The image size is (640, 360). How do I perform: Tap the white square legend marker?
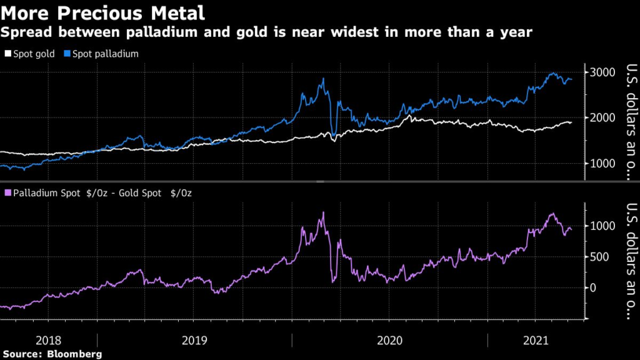(x=7, y=54)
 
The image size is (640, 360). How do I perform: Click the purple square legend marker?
(x=7, y=194)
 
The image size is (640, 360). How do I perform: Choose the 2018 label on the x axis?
(x=48, y=341)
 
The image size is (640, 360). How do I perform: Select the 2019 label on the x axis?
(x=195, y=341)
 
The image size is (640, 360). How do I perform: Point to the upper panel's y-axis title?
(x=631, y=122)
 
